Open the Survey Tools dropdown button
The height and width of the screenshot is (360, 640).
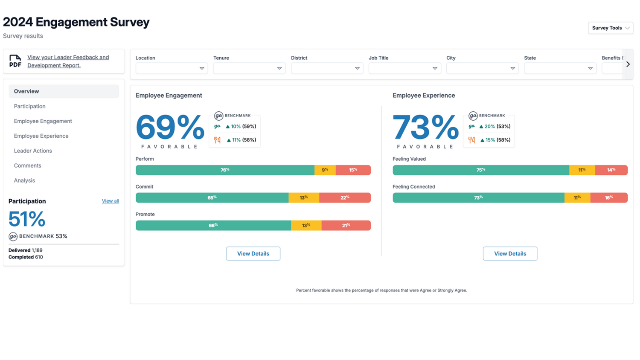tap(610, 28)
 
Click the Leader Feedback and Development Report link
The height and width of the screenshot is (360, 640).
tap(68, 61)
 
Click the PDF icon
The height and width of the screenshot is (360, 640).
tap(15, 61)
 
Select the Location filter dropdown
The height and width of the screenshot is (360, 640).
tap(172, 68)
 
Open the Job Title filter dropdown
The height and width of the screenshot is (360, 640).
tap(404, 68)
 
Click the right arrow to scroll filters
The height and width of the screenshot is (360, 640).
tap(628, 64)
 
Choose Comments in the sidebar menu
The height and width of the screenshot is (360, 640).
tap(27, 165)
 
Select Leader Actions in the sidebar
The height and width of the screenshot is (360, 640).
tap(33, 151)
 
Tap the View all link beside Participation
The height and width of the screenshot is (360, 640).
tap(110, 201)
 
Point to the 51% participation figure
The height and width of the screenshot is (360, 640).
tap(27, 219)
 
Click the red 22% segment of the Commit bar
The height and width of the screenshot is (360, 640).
tap(345, 197)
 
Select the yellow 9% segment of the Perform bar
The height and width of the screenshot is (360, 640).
tap(325, 170)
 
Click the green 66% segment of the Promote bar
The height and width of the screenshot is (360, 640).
tap(213, 225)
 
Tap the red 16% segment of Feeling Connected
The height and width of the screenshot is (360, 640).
tap(609, 197)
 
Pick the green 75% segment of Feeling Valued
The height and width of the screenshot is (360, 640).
tap(480, 170)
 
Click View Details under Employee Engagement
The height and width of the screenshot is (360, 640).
tap(253, 253)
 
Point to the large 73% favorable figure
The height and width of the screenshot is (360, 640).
tap(425, 128)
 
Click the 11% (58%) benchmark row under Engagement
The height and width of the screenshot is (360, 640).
tap(236, 140)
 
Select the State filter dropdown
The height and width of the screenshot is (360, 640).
tap(560, 68)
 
